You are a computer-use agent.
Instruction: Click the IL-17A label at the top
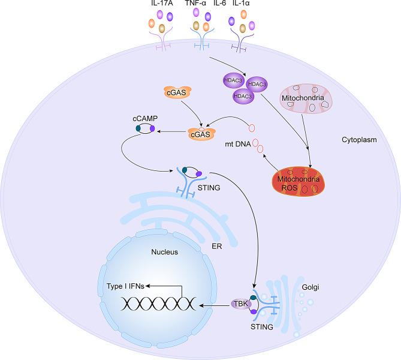point(162,5)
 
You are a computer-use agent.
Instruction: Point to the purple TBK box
point(242,304)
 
